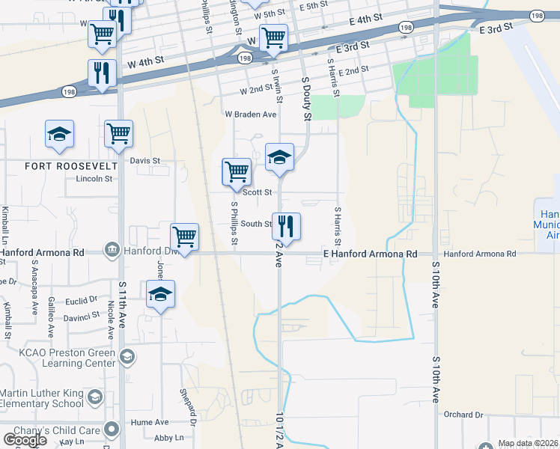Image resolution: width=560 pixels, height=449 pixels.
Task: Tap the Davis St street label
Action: click(x=145, y=161)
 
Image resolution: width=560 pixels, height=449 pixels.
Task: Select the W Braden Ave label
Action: click(x=251, y=114)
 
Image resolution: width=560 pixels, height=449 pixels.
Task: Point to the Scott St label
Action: click(x=256, y=192)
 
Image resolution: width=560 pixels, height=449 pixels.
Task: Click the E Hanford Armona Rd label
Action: click(x=370, y=254)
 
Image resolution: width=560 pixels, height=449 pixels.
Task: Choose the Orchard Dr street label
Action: click(x=463, y=415)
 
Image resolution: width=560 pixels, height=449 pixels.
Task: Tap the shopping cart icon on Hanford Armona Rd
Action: click(x=184, y=236)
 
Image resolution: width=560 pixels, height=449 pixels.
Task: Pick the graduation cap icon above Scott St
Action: click(x=279, y=157)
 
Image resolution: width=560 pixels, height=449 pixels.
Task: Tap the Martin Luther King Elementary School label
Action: click(x=42, y=399)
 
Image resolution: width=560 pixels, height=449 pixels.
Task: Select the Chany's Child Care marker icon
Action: click(x=112, y=430)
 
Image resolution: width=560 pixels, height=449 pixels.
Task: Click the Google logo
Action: click(x=25, y=440)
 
